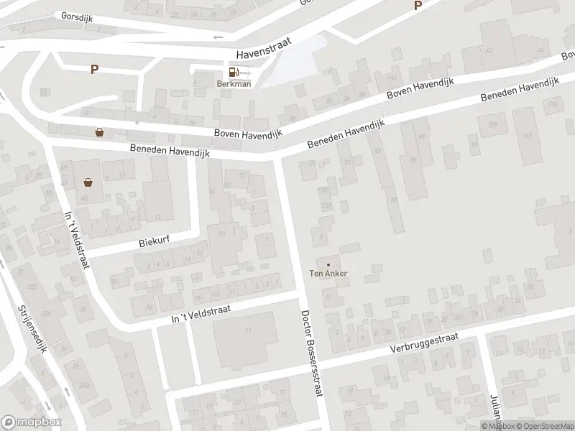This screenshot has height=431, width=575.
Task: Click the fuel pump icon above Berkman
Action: click(x=233, y=72)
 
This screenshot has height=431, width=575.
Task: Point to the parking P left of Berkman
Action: click(x=93, y=69)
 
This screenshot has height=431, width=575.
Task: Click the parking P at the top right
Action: click(x=417, y=6)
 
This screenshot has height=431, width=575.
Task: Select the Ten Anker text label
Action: click(x=329, y=274)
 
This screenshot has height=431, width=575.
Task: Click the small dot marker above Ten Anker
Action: click(x=329, y=264)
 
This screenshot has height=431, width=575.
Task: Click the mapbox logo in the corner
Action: click(x=31, y=422)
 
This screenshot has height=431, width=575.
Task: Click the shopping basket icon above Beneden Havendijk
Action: click(x=99, y=132)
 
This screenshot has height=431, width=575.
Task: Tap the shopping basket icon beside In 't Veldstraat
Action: click(x=88, y=182)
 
